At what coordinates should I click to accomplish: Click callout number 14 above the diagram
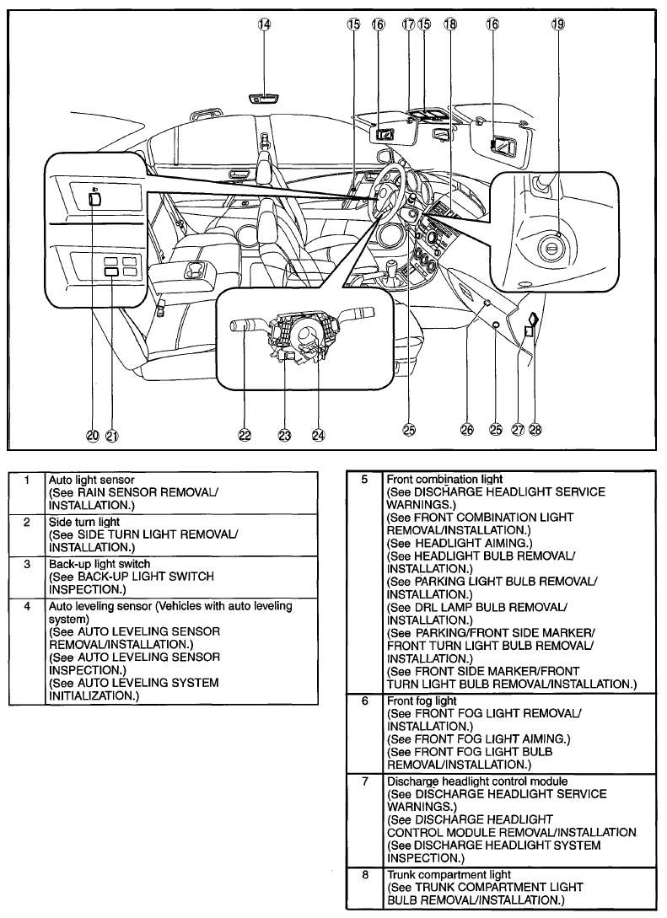tap(266, 24)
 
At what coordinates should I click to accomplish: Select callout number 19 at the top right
tap(557, 24)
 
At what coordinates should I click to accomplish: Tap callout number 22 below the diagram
tap(245, 435)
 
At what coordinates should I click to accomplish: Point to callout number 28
tap(535, 430)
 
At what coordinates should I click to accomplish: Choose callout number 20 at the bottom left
tap(93, 435)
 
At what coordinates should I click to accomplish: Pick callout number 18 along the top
tap(449, 24)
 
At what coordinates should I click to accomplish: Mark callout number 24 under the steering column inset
tap(318, 435)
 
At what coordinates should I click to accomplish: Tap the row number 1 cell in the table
tap(27, 493)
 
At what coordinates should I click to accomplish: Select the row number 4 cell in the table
tap(27, 651)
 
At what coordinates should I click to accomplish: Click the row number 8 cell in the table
tap(365, 888)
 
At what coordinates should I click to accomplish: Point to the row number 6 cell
tap(365, 733)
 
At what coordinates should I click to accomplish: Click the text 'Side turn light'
tap(84, 522)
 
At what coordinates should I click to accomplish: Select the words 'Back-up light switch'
tap(100, 564)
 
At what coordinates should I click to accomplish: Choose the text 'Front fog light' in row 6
tap(422, 701)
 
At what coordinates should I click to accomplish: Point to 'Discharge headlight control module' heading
tap(477, 781)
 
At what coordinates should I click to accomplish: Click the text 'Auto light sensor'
tap(91, 480)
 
